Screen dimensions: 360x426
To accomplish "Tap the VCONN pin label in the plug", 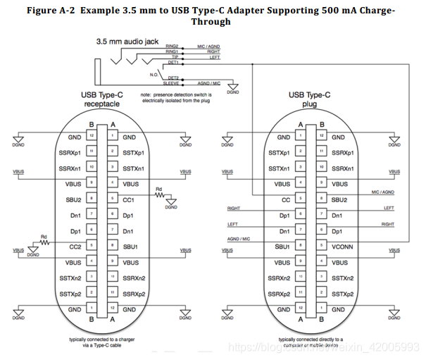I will point(342,246).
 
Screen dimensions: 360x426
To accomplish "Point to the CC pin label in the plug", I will point(285,199).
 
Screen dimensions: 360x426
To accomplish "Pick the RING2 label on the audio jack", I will point(173,46).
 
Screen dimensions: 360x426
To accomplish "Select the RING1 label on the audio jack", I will point(173,52).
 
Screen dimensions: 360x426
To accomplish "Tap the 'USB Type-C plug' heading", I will point(311,99).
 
